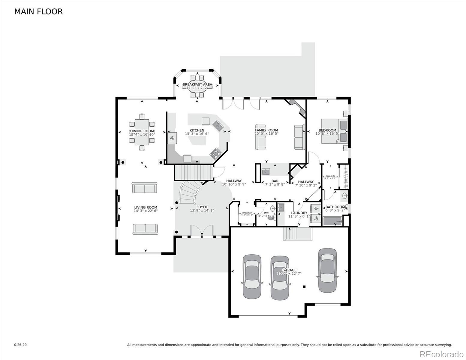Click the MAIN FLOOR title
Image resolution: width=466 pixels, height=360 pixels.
click(38, 12)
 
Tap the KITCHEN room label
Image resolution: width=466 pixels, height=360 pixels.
click(197, 130)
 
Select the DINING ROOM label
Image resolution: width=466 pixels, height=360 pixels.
click(142, 131)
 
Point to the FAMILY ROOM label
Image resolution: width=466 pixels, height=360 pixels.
click(266, 130)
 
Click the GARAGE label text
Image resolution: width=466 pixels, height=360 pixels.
click(289, 270)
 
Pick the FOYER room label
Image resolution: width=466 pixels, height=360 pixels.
click(202, 207)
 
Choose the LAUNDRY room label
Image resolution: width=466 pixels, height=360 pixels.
click(299, 213)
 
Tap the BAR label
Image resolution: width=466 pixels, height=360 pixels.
click(275, 181)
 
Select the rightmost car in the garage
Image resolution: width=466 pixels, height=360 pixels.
click(327, 270)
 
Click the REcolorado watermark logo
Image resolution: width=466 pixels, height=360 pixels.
click(441, 354)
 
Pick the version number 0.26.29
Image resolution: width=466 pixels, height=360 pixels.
click(20, 345)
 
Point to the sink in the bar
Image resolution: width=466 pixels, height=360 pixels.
click(266, 172)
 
